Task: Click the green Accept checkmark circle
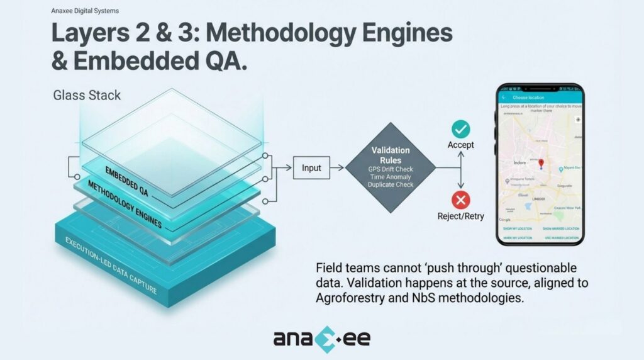[x=461, y=130]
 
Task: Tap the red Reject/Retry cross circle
[x=461, y=200]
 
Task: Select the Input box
[x=311, y=168]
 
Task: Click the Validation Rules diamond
[x=390, y=167]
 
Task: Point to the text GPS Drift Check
[x=390, y=169]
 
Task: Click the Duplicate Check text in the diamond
[x=390, y=185]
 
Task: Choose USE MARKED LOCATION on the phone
[x=561, y=238]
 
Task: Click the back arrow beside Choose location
[x=505, y=98]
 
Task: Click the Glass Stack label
[x=87, y=96]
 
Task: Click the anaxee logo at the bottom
[x=321, y=339]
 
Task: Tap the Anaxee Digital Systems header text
[x=85, y=11]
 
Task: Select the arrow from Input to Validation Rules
[x=336, y=168]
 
